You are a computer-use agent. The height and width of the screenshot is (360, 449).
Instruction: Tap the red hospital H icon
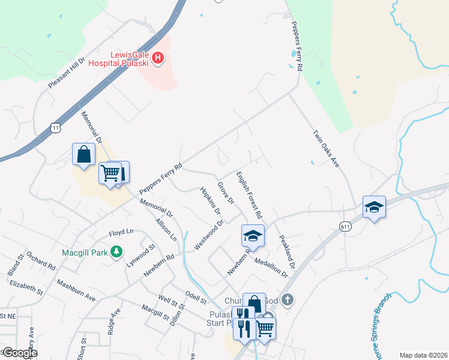click(158, 58)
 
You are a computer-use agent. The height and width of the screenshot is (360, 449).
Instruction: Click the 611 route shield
click(345, 226)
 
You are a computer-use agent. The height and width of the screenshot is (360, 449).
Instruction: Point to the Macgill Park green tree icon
click(119, 252)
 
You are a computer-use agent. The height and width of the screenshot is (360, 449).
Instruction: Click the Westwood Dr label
click(208, 235)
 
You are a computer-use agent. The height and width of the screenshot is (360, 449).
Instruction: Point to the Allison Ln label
click(166, 230)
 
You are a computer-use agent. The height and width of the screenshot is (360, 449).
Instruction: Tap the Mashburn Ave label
click(76, 290)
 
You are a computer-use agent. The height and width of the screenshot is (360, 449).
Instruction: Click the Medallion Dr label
click(271, 265)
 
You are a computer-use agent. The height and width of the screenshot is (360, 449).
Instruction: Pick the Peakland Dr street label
click(287, 251)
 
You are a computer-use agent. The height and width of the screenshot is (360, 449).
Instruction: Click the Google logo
click(19, 353)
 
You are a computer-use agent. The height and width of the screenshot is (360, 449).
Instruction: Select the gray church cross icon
click(288, 299)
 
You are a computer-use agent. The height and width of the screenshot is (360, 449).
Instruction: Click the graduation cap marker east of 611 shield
click(374, 208)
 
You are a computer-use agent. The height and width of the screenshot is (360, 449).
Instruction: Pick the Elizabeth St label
click(26, 284)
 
